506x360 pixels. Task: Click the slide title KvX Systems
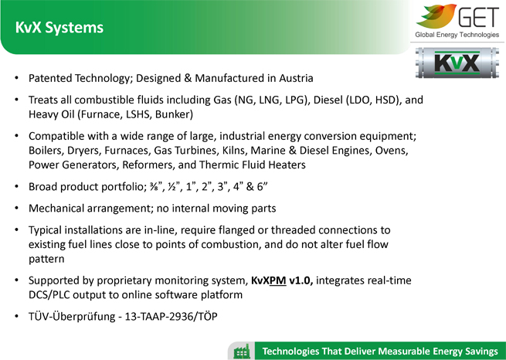click(59, 27)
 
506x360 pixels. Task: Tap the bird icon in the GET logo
click(436, 15)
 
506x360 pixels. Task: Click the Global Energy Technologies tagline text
click(457, 35)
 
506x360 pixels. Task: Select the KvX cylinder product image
click(457, 63)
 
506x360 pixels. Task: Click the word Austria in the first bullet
click(296, 78)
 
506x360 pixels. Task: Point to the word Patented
click(50, 78)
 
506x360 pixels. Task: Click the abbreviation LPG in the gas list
click(295, 100)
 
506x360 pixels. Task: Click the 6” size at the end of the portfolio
click(262, 187)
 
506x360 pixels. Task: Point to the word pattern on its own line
click(46, 260)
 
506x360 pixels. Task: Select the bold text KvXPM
click(269, 280)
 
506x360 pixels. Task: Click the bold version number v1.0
click(301, 280)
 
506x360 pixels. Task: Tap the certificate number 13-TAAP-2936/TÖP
click(171, 317)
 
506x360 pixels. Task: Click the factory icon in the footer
click(241, 352)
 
